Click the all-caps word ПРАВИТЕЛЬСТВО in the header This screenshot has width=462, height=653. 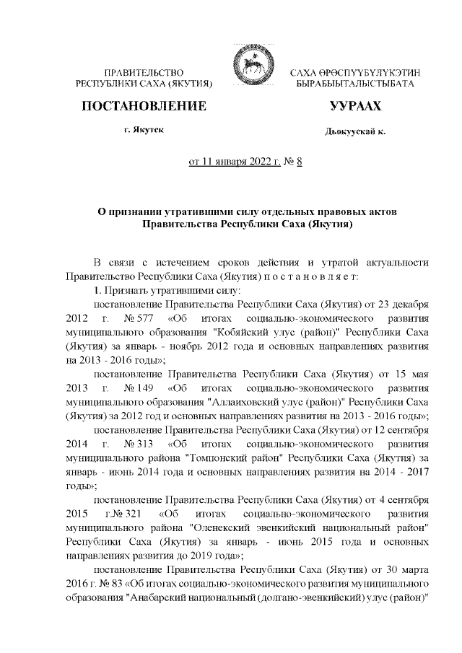point(144,74)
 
